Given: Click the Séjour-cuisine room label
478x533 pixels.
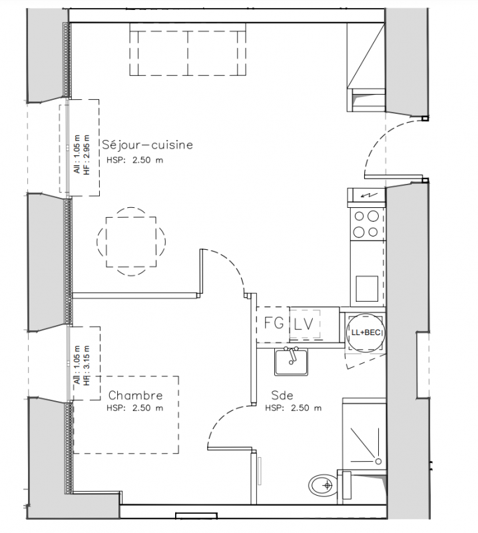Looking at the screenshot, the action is [147, 145].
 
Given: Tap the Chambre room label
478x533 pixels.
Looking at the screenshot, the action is [136, 395].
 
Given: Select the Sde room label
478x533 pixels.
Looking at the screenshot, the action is [282, 395].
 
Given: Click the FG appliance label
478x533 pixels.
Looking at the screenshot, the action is [274, 323].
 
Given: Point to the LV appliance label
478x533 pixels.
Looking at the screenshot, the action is [304, 324].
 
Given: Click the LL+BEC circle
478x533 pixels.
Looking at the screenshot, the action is [366, 332].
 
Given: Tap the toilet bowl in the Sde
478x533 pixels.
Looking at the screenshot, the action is [323, 485].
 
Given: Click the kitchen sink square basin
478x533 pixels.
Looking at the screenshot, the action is [367, 288].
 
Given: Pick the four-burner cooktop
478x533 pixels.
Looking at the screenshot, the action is [367, 224].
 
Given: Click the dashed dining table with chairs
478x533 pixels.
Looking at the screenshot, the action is [131, 242].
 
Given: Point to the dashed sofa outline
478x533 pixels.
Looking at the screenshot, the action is [188, 53].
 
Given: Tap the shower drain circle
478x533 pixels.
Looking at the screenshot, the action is [378, 461].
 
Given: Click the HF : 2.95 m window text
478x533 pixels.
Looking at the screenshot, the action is [87, 155].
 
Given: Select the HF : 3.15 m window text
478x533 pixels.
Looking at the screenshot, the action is [87, 366].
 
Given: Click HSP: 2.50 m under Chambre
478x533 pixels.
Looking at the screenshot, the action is [135, 408].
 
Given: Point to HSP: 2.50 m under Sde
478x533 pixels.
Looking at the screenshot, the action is [293, 408].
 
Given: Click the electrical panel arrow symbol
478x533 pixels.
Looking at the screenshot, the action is [366, 195].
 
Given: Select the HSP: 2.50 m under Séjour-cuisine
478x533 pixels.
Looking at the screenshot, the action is [135, 160].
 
